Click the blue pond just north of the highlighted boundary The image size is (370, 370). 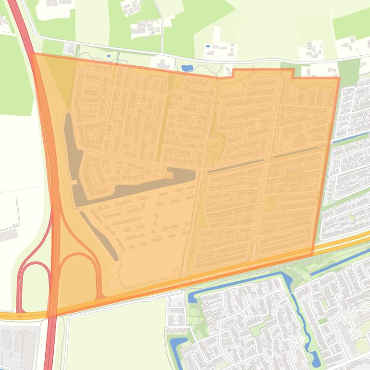click(186, 68)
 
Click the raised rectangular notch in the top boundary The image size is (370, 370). click(263, 72)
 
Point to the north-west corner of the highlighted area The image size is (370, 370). click(32, 53)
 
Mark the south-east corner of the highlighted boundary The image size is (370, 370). click(313, 255)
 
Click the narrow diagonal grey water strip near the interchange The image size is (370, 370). click(99, 235)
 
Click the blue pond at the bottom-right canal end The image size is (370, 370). click(315, 357)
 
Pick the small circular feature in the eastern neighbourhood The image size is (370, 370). click(271, 200)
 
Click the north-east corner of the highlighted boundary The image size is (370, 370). click(339, 77)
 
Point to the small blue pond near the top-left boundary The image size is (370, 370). click(109, 56)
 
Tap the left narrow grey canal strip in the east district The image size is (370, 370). click(235, 165)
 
